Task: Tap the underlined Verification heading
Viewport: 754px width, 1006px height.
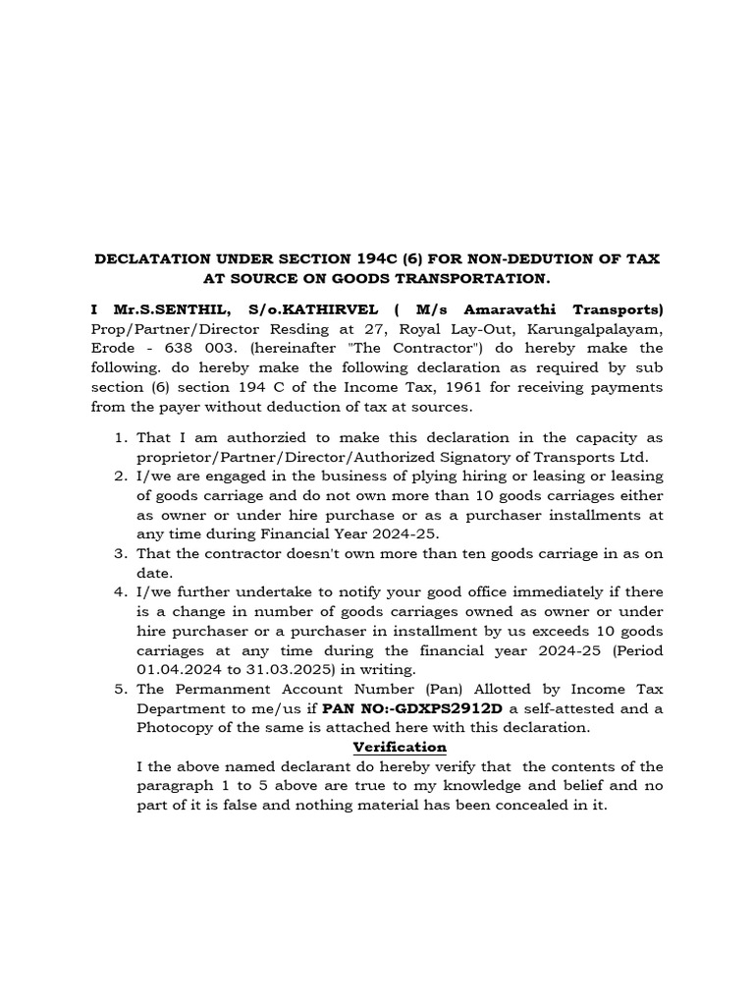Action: (x=400, y=747)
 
